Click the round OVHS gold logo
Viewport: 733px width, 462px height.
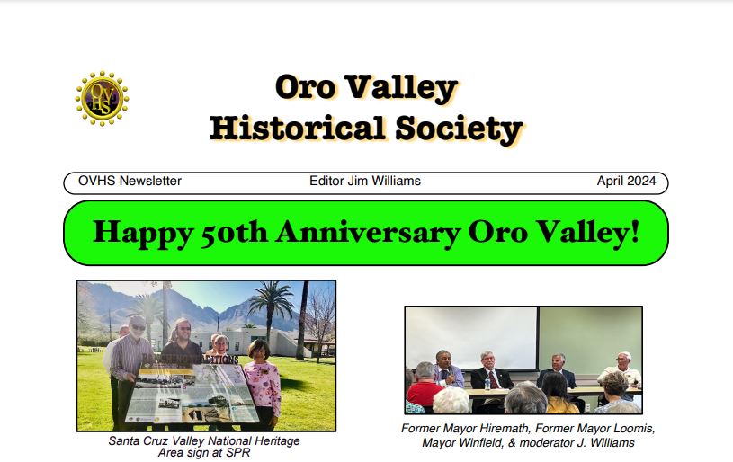click(102, 99)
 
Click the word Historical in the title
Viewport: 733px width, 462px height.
click(298, 128)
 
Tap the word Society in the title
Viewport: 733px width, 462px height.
click(459, 129)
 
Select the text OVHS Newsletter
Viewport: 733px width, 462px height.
click(130, 181)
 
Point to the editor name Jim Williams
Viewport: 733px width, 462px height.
click(384, 181)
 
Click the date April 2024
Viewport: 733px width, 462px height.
click(626, 181)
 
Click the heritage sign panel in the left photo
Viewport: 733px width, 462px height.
click(192, 394)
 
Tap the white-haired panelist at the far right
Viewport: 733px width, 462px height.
click(621, 370)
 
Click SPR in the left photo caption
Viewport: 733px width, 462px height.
click(238, 453)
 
